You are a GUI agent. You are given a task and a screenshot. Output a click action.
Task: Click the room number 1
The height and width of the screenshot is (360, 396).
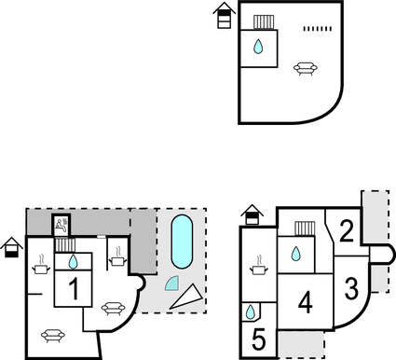click(x=72, y=289)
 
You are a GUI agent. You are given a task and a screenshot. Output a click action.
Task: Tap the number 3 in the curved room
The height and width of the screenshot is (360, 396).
click(x=351, y=287)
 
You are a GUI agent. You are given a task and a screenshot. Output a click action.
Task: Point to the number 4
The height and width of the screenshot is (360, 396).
click(x=305, y=302)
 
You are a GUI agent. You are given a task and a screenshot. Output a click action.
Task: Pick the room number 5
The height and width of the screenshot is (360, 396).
click(x=258, y=339)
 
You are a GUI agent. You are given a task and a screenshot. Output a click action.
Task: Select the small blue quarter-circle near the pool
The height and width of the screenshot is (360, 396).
click(x=171, y=284)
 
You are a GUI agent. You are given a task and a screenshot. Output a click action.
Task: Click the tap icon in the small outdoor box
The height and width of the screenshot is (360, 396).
click(x=61, y=224)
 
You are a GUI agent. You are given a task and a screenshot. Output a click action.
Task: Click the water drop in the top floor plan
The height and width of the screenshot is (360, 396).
click(x=259, y=46)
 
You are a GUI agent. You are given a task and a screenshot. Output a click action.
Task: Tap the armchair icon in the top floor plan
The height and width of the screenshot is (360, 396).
click(x=304, y=67)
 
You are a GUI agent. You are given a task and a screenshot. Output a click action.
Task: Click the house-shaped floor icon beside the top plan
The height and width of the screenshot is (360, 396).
click(x=223, y=16)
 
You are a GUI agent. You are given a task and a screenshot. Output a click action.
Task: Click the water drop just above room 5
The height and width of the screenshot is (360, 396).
click(x=252, y=312)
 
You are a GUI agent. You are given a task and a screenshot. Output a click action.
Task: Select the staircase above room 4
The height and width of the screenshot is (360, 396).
click(x=304, y=228)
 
